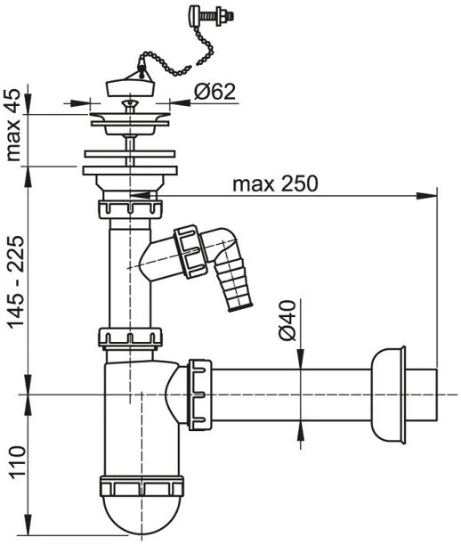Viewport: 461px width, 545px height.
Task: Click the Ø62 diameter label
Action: (214, 92)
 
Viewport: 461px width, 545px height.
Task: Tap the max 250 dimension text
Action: (275, 183)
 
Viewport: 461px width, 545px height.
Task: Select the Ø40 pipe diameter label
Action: (287, 320)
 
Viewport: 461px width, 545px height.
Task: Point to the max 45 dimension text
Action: (14, 125)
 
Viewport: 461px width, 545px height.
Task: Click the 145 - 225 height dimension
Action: (16, 282)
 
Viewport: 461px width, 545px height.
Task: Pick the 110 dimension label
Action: (17, 462)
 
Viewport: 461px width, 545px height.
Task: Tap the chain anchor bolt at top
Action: (211, 16)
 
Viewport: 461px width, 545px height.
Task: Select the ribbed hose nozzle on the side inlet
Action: (233, 286)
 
